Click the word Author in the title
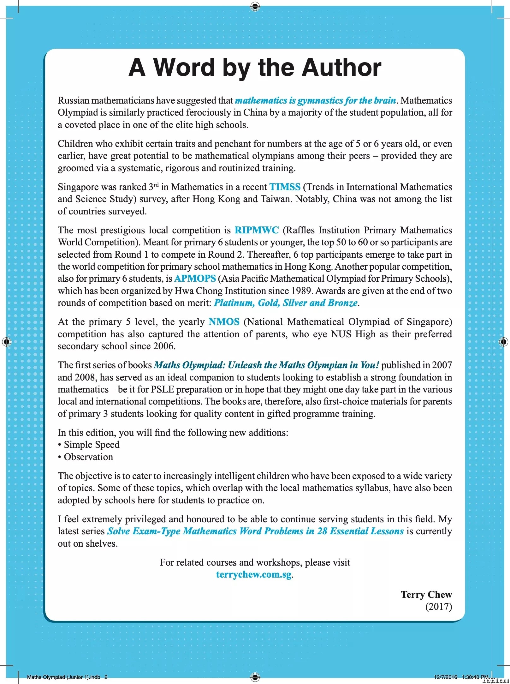coord(341,68)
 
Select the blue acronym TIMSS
coord(285,187)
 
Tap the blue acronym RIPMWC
coord(257,230)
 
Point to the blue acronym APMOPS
coord(195,279)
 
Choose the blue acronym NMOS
coord(224,322)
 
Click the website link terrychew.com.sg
coord(254,574)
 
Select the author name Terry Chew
coord(426,595)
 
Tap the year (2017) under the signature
coord(438,607)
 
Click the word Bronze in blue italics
coord(343,303)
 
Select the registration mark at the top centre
coord(255,6)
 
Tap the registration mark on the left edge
coord(7,341)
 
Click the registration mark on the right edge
coord(503,341)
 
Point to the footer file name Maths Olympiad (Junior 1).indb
coord(64,677)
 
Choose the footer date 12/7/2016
coord(445,677)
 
